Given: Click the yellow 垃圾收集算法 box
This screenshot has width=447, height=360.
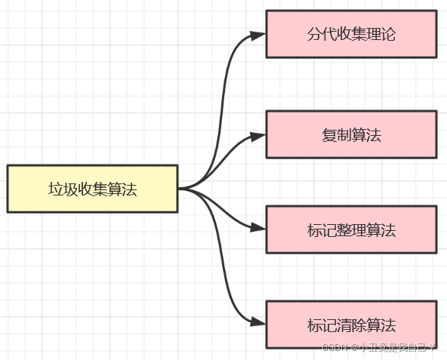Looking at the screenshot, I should click(92, 189).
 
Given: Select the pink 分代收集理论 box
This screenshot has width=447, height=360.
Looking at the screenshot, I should click(351, 34).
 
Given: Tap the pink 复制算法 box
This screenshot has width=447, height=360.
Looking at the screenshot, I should click(351, 135).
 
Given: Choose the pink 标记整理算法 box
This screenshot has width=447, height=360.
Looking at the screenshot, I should click(351, 229).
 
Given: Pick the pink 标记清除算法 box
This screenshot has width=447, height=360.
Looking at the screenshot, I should click(351, 325).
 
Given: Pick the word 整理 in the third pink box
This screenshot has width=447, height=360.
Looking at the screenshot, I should click(351, 230).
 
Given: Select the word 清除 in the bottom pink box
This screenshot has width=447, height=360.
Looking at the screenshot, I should click(351, 326).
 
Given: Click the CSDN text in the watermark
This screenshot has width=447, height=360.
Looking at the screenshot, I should click(333, 348).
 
